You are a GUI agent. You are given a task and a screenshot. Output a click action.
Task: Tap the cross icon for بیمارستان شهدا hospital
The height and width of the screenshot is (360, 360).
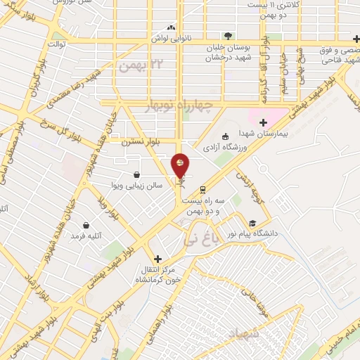point(264,122)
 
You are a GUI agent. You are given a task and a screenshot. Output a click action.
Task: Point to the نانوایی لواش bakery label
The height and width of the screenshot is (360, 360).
point(172,38)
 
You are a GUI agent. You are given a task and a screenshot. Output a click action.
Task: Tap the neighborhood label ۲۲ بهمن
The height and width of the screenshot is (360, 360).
point(135,66)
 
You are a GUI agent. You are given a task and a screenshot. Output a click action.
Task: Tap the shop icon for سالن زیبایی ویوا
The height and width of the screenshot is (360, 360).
point(136,174)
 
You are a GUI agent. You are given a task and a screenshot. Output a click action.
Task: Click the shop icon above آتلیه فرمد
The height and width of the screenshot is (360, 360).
point(86,225)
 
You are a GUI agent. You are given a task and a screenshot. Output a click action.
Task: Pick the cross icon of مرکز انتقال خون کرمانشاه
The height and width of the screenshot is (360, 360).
point(157,259)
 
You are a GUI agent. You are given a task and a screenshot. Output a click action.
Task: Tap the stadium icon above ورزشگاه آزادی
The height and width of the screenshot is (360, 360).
point(225,136)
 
